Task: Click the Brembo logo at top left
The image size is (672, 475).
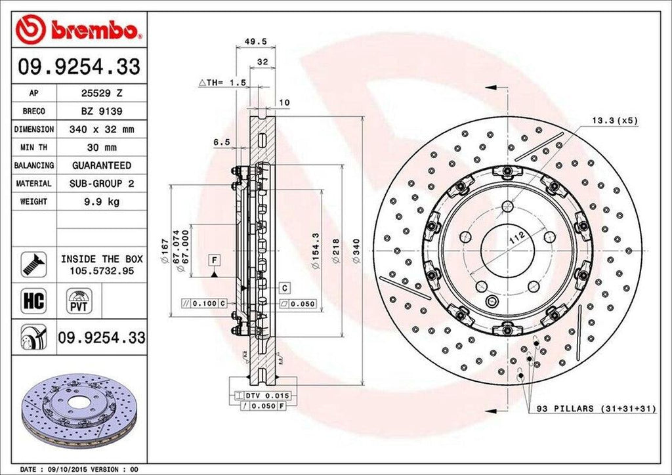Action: [x=77, y=30]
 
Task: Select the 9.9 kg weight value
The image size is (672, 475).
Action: [x=101, y=201]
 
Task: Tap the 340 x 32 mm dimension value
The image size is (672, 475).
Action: [x=101, y=130]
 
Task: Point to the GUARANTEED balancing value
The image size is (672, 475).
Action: [x=101, y=165]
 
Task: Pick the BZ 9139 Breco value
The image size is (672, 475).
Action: [x=101, y=112]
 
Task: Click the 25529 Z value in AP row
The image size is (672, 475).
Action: [x=101, y=94]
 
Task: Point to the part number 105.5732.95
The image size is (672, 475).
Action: [x=102, y=270]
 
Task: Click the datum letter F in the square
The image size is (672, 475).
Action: [x=214, y=259]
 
